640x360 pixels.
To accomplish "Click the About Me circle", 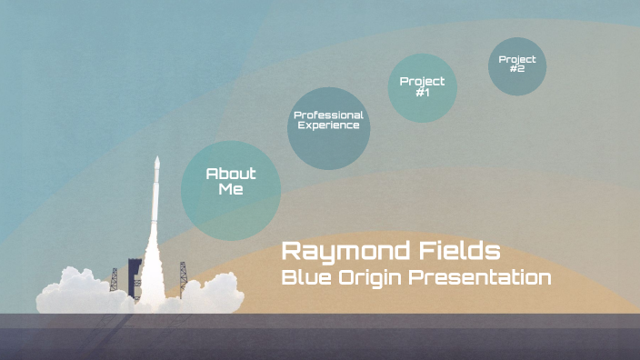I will (231, 190).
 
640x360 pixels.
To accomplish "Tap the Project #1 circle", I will (422, 87).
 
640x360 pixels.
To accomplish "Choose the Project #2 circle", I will (517, 66).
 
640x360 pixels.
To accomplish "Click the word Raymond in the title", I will (339, 251).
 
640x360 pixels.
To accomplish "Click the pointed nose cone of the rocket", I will (157, 164).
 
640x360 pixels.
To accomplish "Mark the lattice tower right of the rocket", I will (183, 271).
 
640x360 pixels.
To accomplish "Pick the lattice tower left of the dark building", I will (114, 277).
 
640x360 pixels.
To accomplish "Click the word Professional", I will (328, 115).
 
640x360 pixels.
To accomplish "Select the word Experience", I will (328, 125).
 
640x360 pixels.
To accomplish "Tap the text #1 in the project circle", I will (422, 92).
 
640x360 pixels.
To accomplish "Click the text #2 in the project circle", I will (517, 69).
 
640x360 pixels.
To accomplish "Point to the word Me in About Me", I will (231, 189).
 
